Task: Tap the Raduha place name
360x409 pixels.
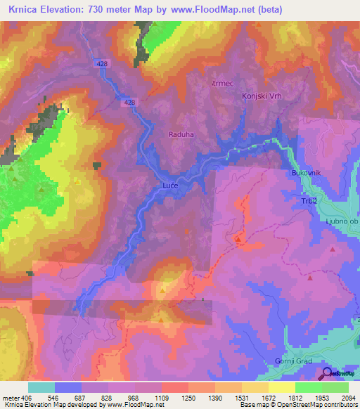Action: [181, 134]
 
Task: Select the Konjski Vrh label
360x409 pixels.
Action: [261, 96]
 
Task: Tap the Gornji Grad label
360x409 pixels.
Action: [293, 362]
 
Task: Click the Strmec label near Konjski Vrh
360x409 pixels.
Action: [221, 83]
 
